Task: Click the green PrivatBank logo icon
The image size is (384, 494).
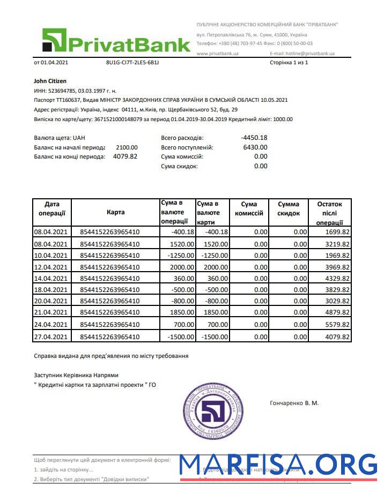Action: point(54,40)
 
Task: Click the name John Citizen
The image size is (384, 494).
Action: point(50,81)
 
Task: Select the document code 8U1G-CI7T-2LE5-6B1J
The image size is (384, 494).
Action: point(132,63)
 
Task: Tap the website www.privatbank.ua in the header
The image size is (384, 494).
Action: point(217,54)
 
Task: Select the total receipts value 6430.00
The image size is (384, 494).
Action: point(255,147)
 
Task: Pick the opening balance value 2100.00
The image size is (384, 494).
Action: point(127,147)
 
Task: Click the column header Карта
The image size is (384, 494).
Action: point(115,212)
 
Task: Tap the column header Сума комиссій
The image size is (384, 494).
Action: point(249,208)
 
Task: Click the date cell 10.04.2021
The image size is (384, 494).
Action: point(51,255)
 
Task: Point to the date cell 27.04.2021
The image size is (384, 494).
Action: point(51,336)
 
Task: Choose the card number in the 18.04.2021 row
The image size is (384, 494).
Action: point(109,289)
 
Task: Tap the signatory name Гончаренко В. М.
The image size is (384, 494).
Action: point(294,402)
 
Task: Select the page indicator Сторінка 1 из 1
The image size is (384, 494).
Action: point(289,63)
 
